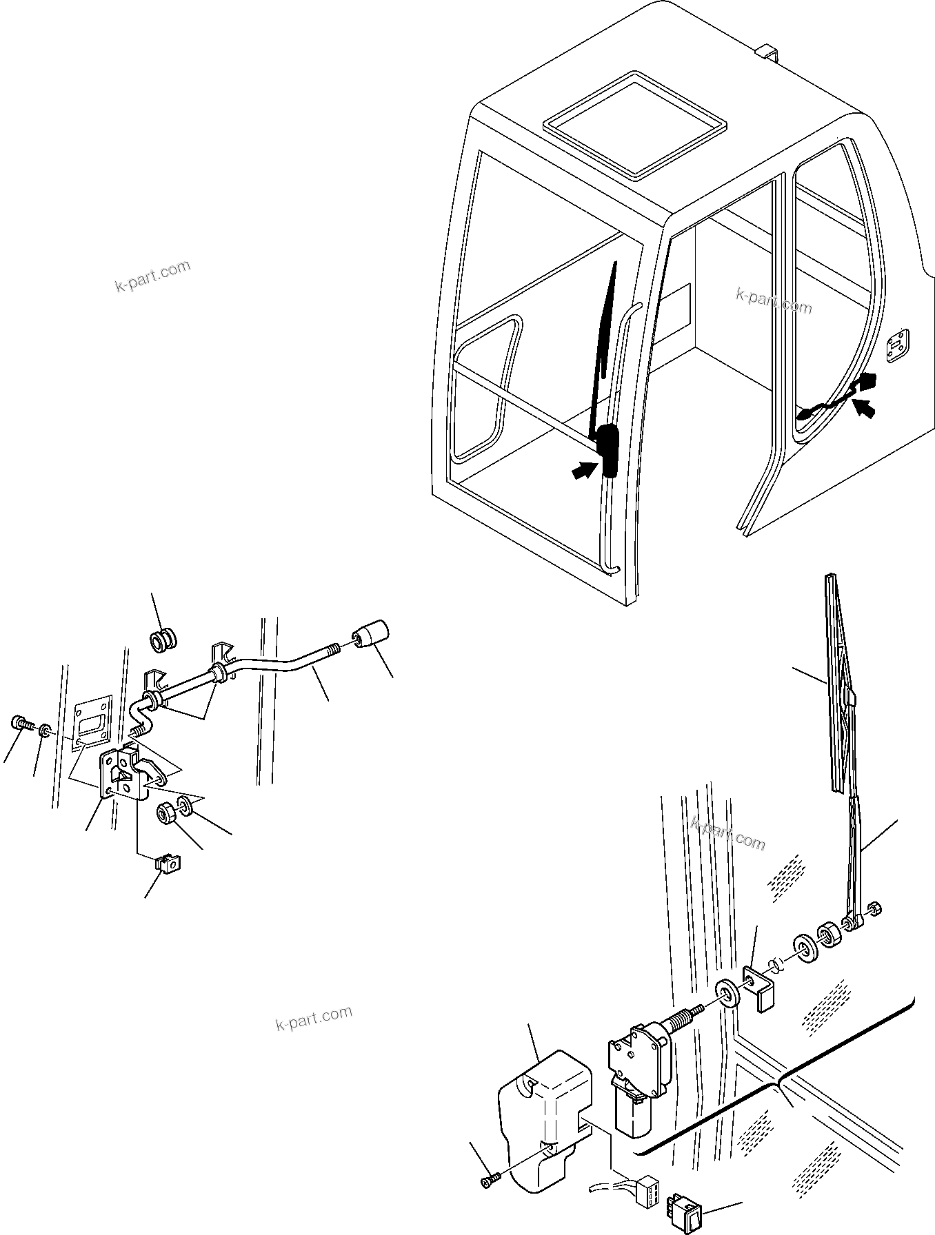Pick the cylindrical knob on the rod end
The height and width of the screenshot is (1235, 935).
coord(372,633)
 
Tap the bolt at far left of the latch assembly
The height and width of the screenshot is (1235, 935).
coord(20,724)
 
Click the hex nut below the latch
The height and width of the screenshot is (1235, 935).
coord(166,813)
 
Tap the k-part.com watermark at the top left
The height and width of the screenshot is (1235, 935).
coord(152,276)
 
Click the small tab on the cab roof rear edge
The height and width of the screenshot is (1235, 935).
coord(766,52)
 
